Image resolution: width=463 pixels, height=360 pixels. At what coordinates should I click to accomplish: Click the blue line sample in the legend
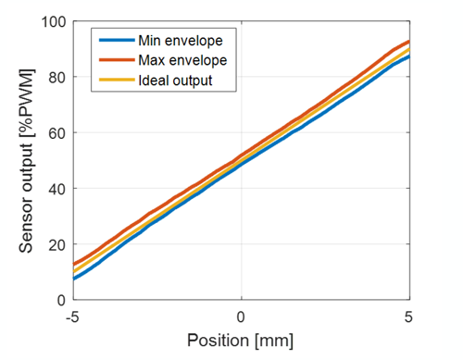click(115, 42)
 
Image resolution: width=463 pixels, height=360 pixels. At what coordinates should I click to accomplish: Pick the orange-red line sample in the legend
click(115, 60)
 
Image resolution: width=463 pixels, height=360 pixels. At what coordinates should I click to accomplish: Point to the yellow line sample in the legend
click(115, 80)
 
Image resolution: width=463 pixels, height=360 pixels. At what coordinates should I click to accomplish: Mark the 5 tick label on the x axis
click(410, 317)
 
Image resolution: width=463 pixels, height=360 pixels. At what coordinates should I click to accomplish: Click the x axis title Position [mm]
click(241, 341)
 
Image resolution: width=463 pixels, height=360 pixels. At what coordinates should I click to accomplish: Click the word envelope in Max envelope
click(203, 60)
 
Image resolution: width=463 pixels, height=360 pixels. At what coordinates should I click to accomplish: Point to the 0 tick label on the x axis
click(242, 317)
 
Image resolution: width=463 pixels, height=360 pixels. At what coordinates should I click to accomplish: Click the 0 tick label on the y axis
click(58, 301)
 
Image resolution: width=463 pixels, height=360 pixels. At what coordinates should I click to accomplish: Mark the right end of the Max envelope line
click(409, 41)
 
